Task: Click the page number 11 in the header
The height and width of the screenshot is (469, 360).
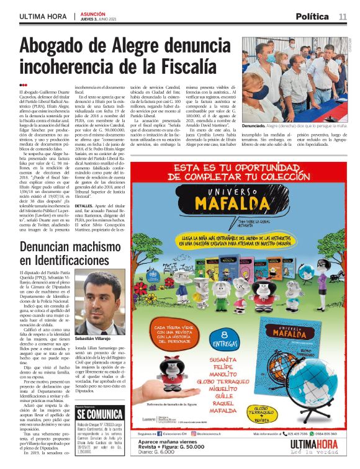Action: coord(343,16)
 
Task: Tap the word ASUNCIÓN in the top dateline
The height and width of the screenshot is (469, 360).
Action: coord(89,13)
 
